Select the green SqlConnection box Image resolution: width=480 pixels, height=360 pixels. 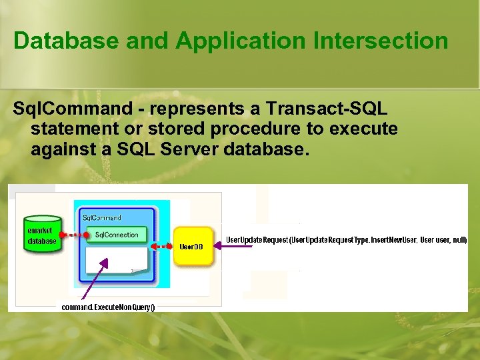116,235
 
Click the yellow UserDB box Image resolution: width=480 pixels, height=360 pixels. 192,246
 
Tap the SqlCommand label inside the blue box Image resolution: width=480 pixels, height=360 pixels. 101,218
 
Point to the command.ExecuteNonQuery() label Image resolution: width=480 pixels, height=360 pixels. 108,307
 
